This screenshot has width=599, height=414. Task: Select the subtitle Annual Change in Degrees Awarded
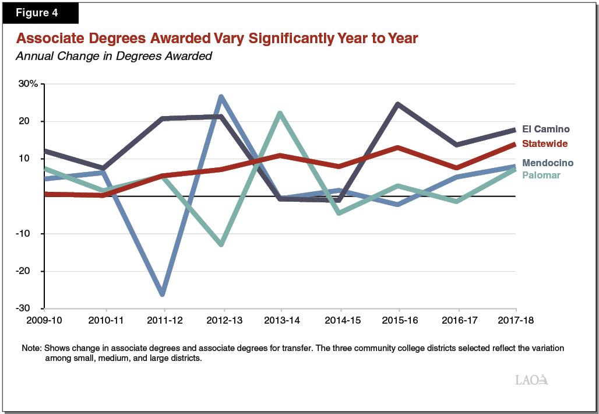(114, 57)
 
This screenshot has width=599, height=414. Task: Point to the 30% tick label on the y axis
(27, 84)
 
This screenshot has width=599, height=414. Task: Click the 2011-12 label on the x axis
(164, 321)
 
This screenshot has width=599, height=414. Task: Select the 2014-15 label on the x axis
(340, 321)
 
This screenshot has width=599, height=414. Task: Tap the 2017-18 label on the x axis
(516, 321)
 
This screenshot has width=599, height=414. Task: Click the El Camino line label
(545, 129)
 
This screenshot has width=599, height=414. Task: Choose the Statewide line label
(545, 143)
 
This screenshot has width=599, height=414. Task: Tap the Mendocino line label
(548, 163)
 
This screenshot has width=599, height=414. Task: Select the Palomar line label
(541, 175)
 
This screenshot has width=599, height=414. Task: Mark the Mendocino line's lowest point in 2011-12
(163, 293)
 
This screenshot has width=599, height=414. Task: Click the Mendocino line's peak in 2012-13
(222, 97)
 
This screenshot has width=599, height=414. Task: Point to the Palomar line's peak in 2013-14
(281, 114)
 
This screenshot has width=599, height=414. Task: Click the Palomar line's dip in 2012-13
(223, 244)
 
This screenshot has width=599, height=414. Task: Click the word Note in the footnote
(31, 348)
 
